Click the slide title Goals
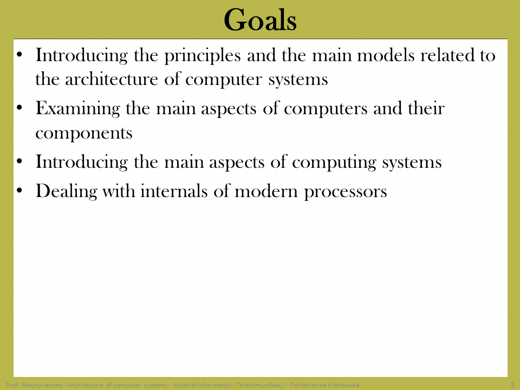pyautogui.click(x=260, y=20)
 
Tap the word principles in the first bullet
pyautogui.click(x=202, y=56)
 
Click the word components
pyautogui.click(x=84, y=134)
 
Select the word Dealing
pyautogui.click(x=66, y=192)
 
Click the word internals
pyautogui.click(x=174, y=191)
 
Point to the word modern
pyautogui.click(x=266, y=192)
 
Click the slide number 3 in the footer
pyautogui.click(x=512, y=385)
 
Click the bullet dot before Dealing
pyautogui.click(x=19, y=191)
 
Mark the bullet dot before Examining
pyautogui.click(x=19, y=108)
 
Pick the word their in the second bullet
pyautogui.click(x=426, y=109)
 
